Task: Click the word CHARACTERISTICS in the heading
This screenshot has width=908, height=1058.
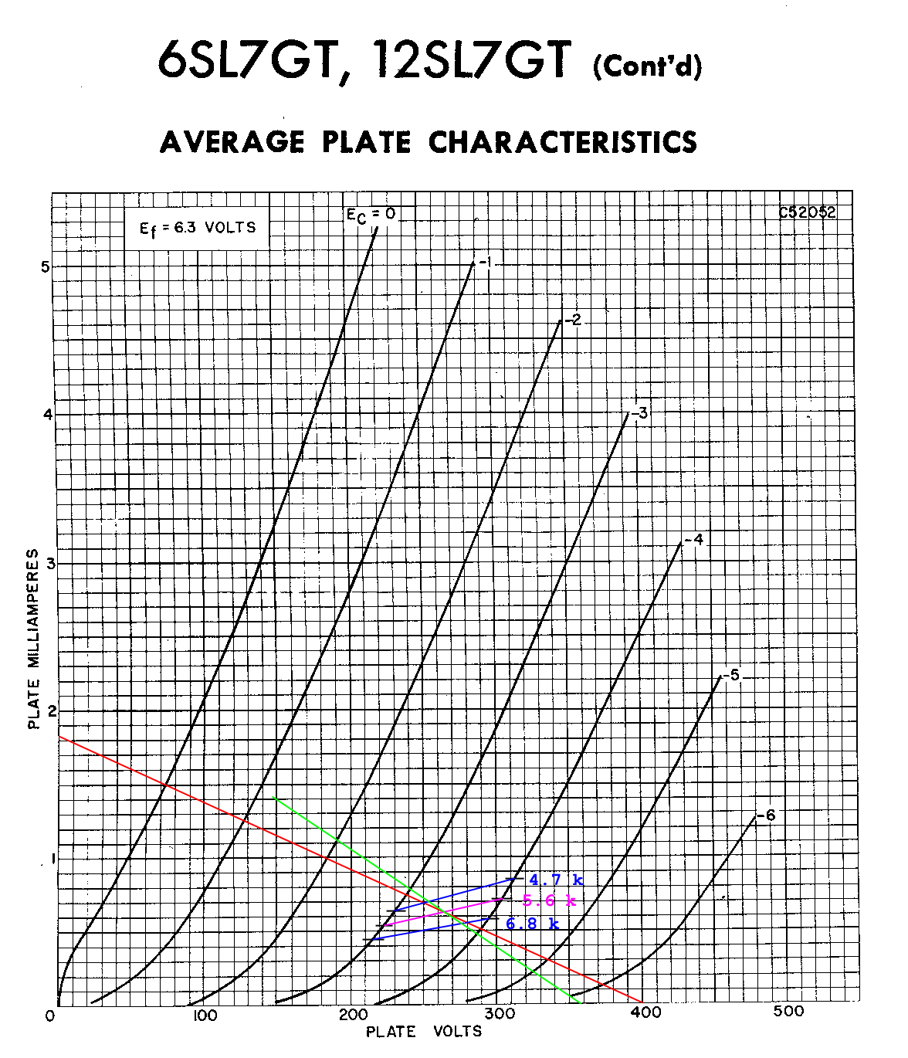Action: click(x=563, y=143)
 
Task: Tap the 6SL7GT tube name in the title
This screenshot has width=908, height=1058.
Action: click(x=246, y=59)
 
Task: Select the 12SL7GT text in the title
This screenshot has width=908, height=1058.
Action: click(x=471, y=59)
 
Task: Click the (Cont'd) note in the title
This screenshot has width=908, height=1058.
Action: click(x=647, y=66)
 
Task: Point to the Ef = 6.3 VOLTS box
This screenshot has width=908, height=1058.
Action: click(x=197, y=228)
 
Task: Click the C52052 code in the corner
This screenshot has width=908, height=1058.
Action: click(x=807, y=212)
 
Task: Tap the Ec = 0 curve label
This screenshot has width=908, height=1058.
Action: click(x=371, y=215)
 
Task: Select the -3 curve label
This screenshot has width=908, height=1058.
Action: click(x=640, y=413)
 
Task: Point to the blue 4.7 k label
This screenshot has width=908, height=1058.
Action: click(x=556, y=880)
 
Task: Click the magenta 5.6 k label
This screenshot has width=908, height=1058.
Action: click(x=549, y=900)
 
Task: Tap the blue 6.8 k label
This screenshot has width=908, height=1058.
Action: click(x=532, y=923)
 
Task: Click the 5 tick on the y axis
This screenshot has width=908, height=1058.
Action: click(x=45, y=266)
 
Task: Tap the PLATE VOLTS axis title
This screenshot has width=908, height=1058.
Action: click(x=423, y=1032)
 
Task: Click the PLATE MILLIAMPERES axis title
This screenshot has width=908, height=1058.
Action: click(x=33, y=639)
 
